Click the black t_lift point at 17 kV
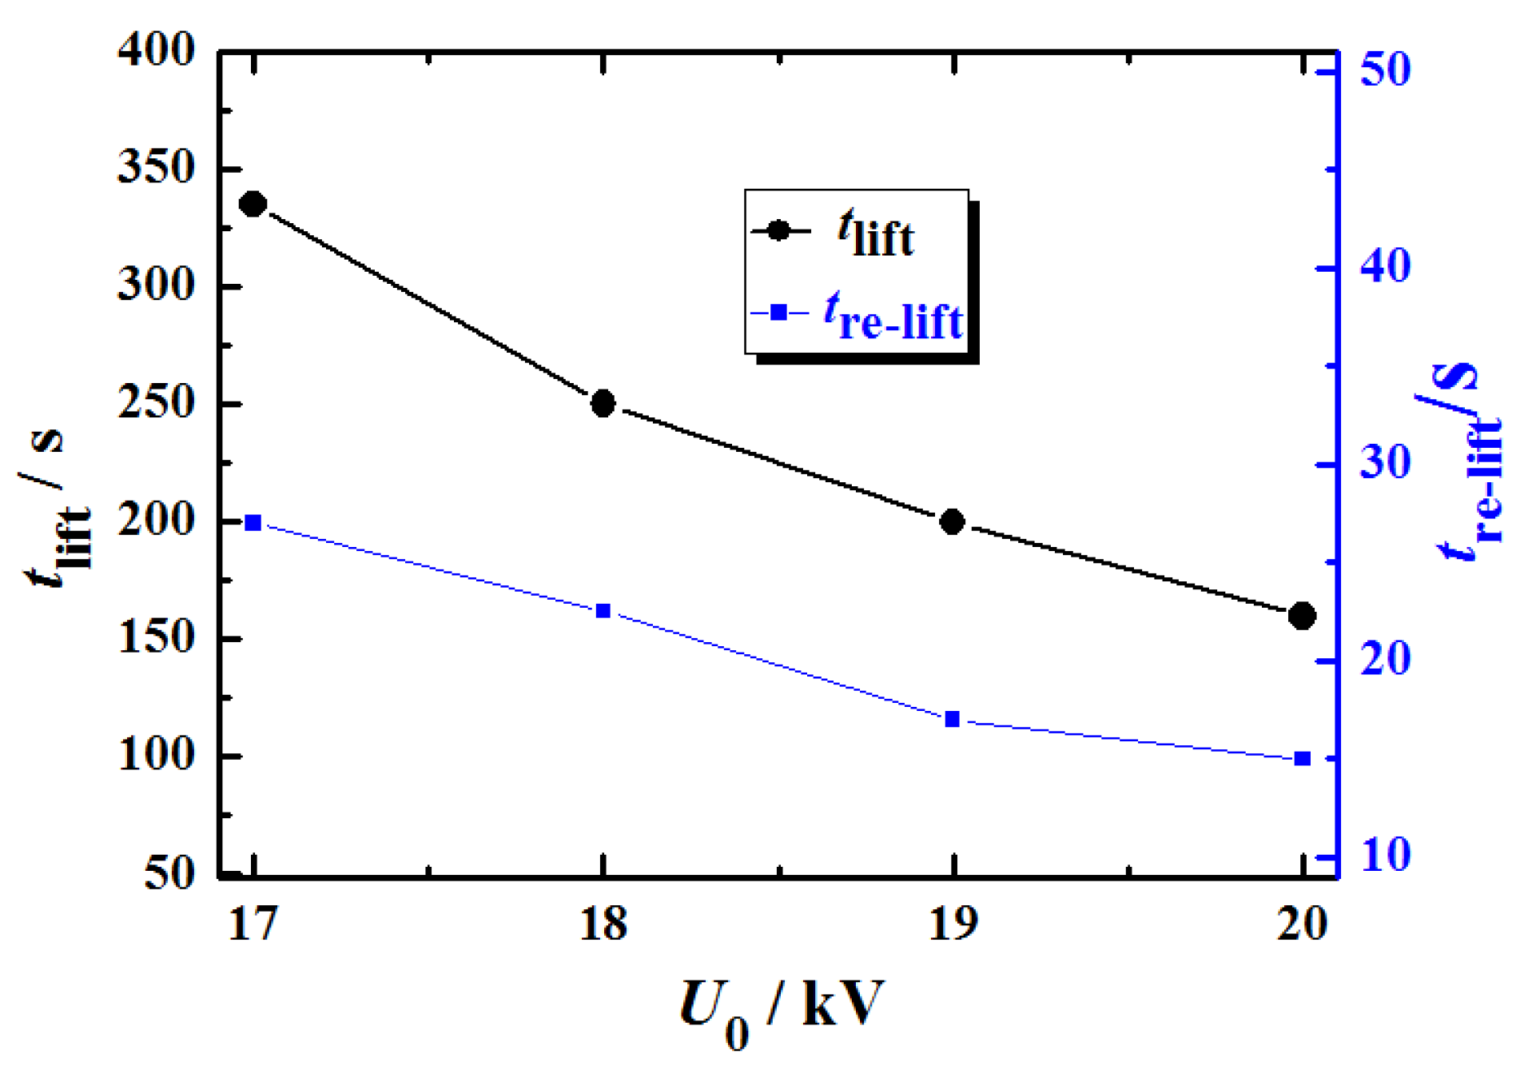(x=253, y=204)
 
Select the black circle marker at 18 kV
(x=603, y=403)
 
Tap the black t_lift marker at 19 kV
(x=952, y=521)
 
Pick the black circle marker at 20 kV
(x=1302, y=616)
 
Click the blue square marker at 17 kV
(x=253, y=523)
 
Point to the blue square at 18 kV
(x=603, y=611)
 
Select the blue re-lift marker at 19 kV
(x=952, y=719)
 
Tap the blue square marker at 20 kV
(x=1302, y=758)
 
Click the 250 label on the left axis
(x=156, y=403)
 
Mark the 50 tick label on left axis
(x=169, y=873)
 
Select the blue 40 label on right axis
(x=1385, y=266)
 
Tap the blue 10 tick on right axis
(x=1385, y=856)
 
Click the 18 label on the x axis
(x=603, y=925)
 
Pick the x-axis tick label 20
(x=1302, y=925)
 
